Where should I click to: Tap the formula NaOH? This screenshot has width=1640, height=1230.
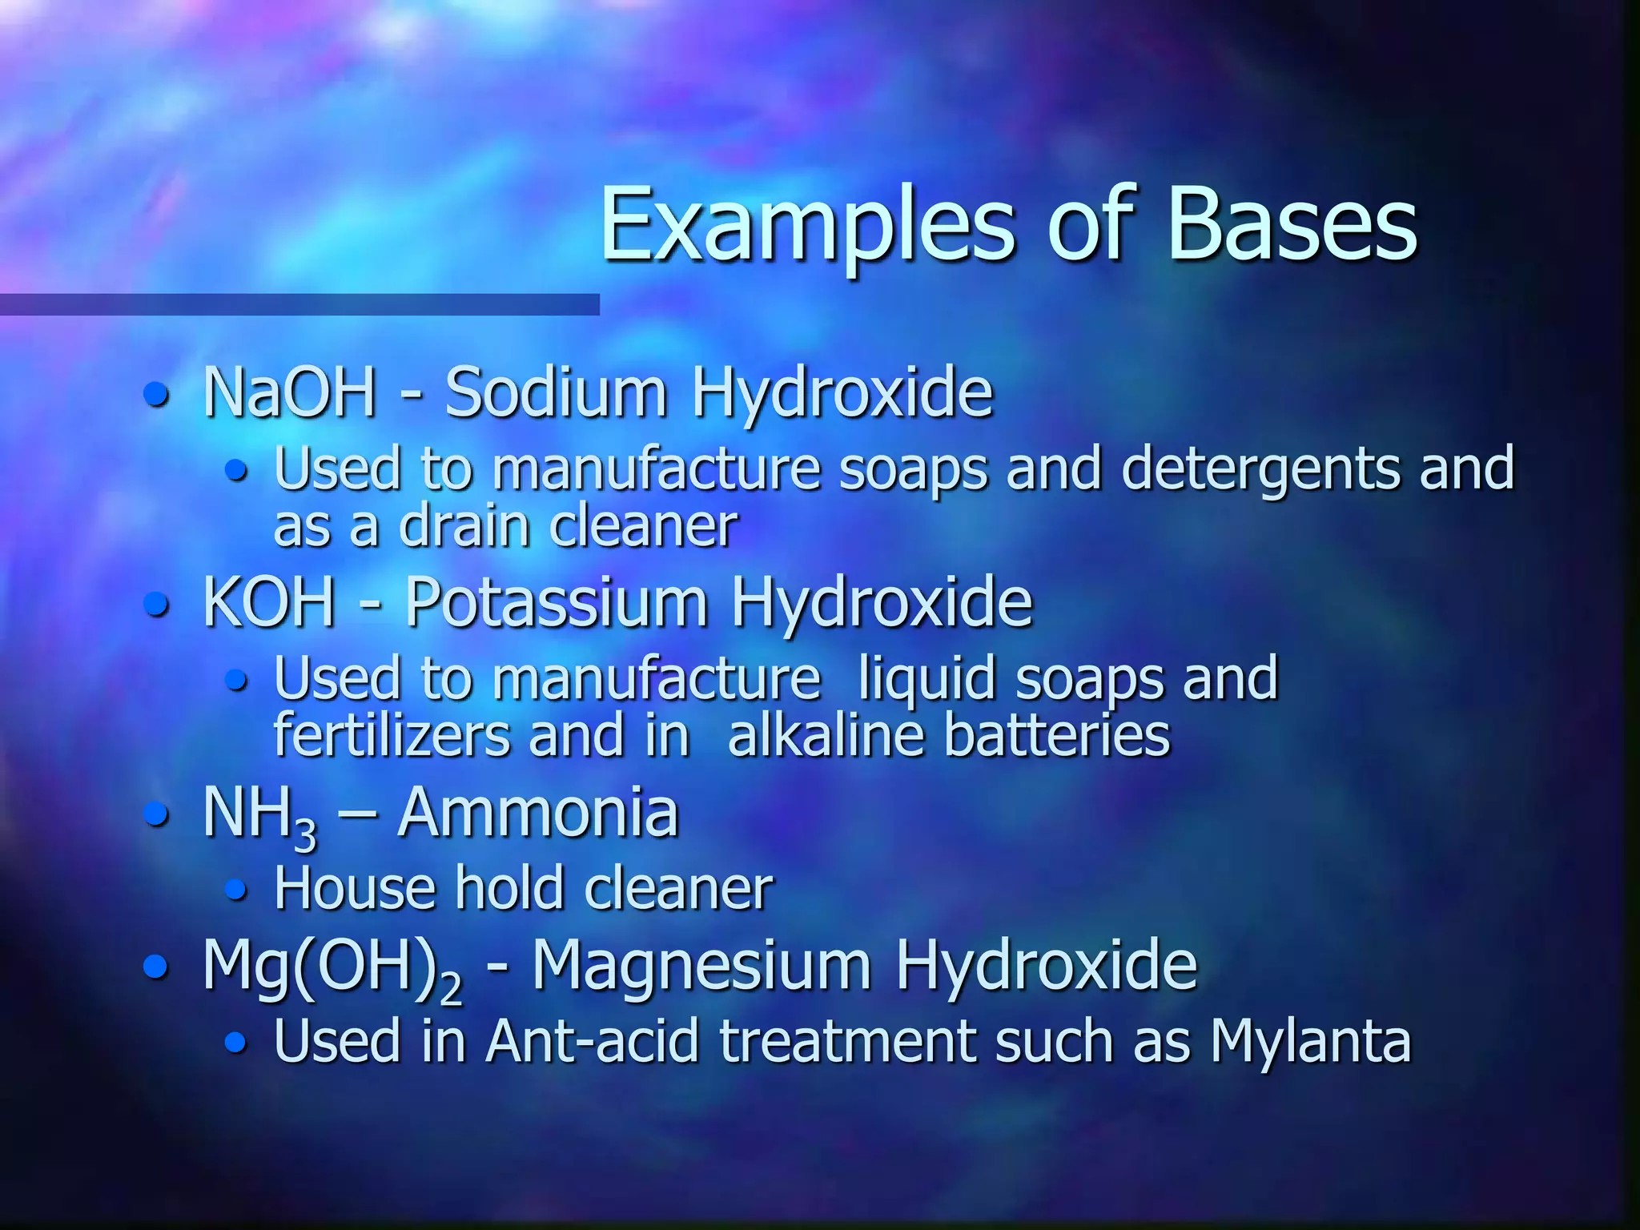point(289,392)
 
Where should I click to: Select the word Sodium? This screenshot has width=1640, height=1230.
point(556,392)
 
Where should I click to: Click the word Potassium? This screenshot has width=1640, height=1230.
point(556,602)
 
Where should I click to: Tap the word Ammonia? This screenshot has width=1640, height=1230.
point(538,812)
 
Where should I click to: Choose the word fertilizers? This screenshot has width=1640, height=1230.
point(392,734)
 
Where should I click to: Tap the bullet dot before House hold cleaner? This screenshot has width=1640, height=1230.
point(235,889)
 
